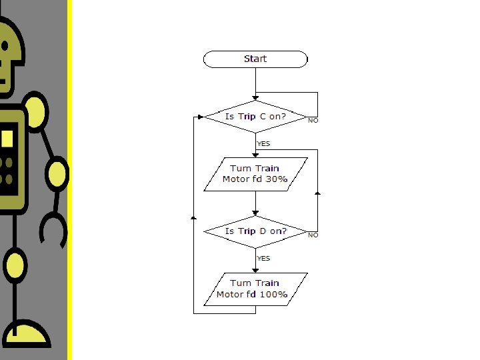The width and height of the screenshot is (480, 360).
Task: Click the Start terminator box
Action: pyautogui.click(x=255, y=59)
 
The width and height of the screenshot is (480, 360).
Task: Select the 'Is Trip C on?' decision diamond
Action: pyautogui.click(x=255, y=117)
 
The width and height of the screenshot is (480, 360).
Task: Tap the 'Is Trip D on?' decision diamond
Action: pyautogui.click(x=255, y=231)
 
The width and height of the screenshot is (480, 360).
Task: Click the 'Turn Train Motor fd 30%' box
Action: pyautogui.click(x=255, y=174)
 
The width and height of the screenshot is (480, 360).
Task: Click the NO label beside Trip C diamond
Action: pyautogui.click(x=313, y=121)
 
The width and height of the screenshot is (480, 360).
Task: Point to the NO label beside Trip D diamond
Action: pyautogui.click(x=313, y=235)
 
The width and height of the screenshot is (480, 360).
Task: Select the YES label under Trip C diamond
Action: pyautogui.click(x=264, y=143)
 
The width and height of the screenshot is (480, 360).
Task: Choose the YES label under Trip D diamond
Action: pyautogui.click(x=264, y=258)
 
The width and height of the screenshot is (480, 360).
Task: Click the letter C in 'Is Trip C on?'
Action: pyautogui.click(x=263, y=117)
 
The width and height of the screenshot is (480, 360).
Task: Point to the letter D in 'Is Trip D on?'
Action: pyautogui.click(x=263, y=231)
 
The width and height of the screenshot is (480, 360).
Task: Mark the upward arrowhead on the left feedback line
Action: pyautogui.click(x=193, y=217)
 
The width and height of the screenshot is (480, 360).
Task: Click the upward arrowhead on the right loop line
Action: pyautogui.click(x=318, y=193)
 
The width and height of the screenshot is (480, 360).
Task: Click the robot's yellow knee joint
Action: pyautogui.click(x=16, y=265)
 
